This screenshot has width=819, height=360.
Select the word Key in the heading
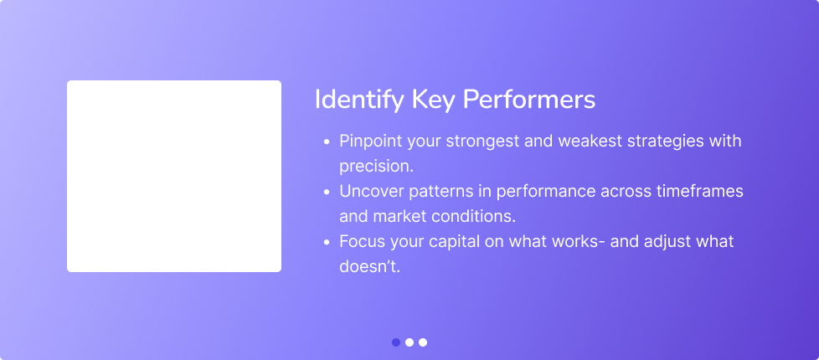[x=433, y=100]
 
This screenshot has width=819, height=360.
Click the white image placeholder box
[x=174, y=176]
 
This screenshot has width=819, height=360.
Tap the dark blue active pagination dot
[x=396, y=342]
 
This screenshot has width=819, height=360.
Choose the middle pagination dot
[x=409, y=342]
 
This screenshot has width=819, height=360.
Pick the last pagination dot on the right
[x=423, y=342]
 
